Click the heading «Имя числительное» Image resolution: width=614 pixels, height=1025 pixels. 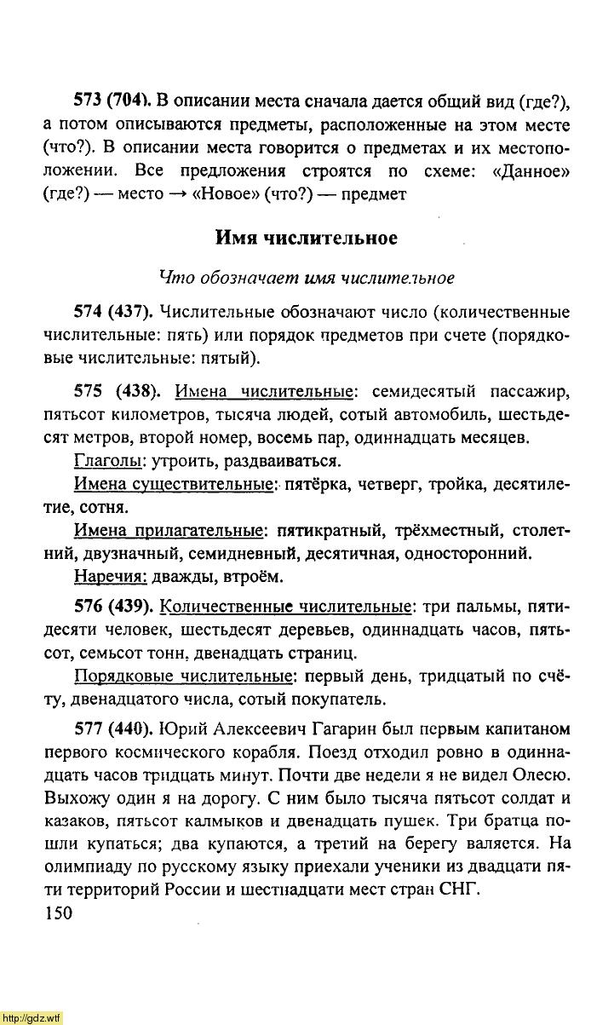point(306,238)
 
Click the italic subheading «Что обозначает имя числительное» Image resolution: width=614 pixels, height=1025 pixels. point(307,278)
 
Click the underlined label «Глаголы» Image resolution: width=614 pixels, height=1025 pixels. point(106,462)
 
